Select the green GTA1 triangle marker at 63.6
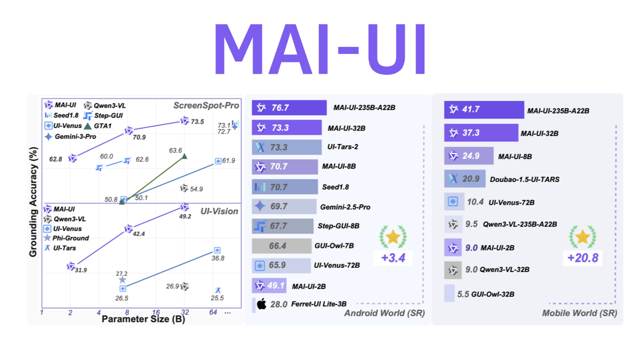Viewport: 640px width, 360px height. click(x=184, y=156)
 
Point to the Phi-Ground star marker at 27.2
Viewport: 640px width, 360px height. click(x=123, y=279)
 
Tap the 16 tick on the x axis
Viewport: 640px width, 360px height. click(x=156, y=312)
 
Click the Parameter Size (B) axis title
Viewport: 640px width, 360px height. click(x=137, y=319)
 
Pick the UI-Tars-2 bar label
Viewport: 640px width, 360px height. click(x=346, y=147)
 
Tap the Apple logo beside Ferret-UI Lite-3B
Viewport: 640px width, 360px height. click(x=261, y=305)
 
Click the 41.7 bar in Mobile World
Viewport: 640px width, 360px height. click(x=483, y=110)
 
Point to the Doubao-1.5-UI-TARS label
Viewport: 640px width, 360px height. click(x=525, y=179)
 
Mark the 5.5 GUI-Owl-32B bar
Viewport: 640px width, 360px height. click(x=449, y=294)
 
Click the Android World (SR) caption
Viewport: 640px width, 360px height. click(x=385, y=313)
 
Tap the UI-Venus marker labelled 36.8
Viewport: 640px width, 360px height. click(x=217, y=250)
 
